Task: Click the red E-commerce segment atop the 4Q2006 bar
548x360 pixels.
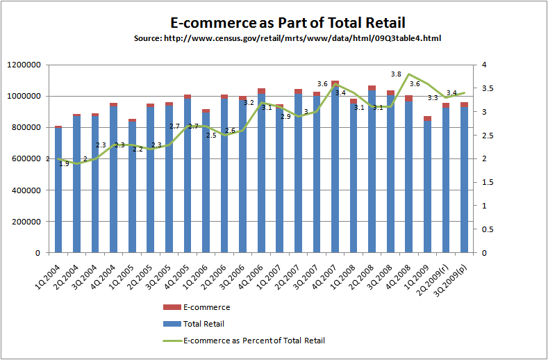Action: [261, 92]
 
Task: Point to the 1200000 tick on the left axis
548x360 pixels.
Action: [24, 65]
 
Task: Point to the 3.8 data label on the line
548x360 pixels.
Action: [397, 74]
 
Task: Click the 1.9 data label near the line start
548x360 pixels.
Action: [64, 163]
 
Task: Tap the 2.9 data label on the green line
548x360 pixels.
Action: [285, 117]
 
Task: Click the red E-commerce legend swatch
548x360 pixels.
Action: [172, 307]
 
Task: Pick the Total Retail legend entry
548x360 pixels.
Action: [203, 324]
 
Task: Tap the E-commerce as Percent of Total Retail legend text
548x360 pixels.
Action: [254, 341]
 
